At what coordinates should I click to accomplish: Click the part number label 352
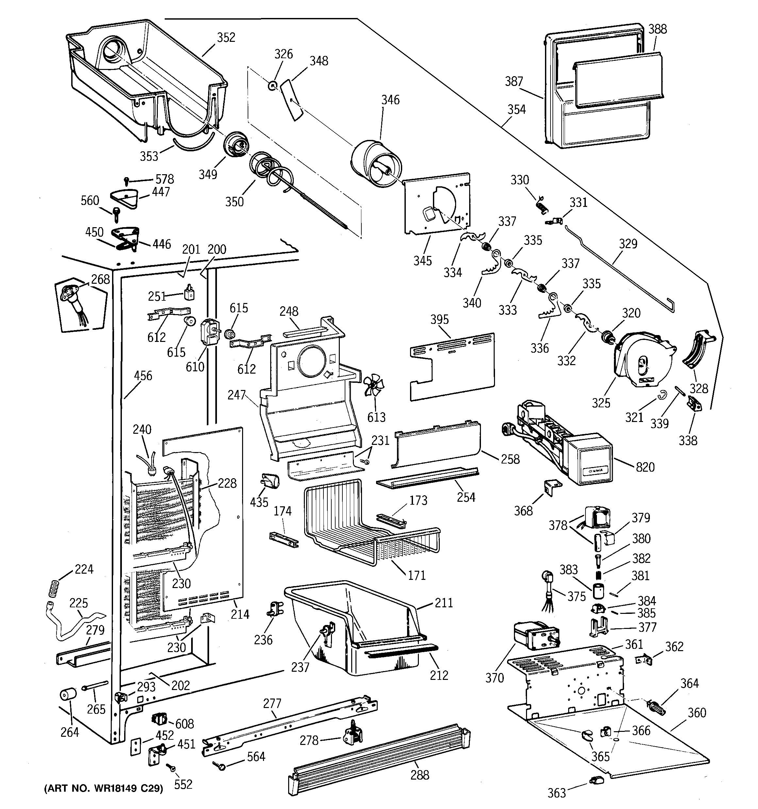click(x=226, y=38)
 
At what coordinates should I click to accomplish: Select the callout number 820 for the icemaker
click(x=645, y=467)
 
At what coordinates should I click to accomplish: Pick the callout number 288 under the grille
click(x=420, y=775)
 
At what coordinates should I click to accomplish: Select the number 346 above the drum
click(x=390, y=100)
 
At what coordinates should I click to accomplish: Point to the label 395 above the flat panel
click(x=439, y=319)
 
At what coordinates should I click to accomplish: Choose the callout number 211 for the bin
click(x=443, y=603)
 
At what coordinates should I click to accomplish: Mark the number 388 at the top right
click(x=657, y=29)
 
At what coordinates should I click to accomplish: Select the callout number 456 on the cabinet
click(x=143, y=376)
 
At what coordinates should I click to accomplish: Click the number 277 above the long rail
click(x=272, y=704)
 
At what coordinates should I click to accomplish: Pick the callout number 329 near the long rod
click(x=628, y=244)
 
